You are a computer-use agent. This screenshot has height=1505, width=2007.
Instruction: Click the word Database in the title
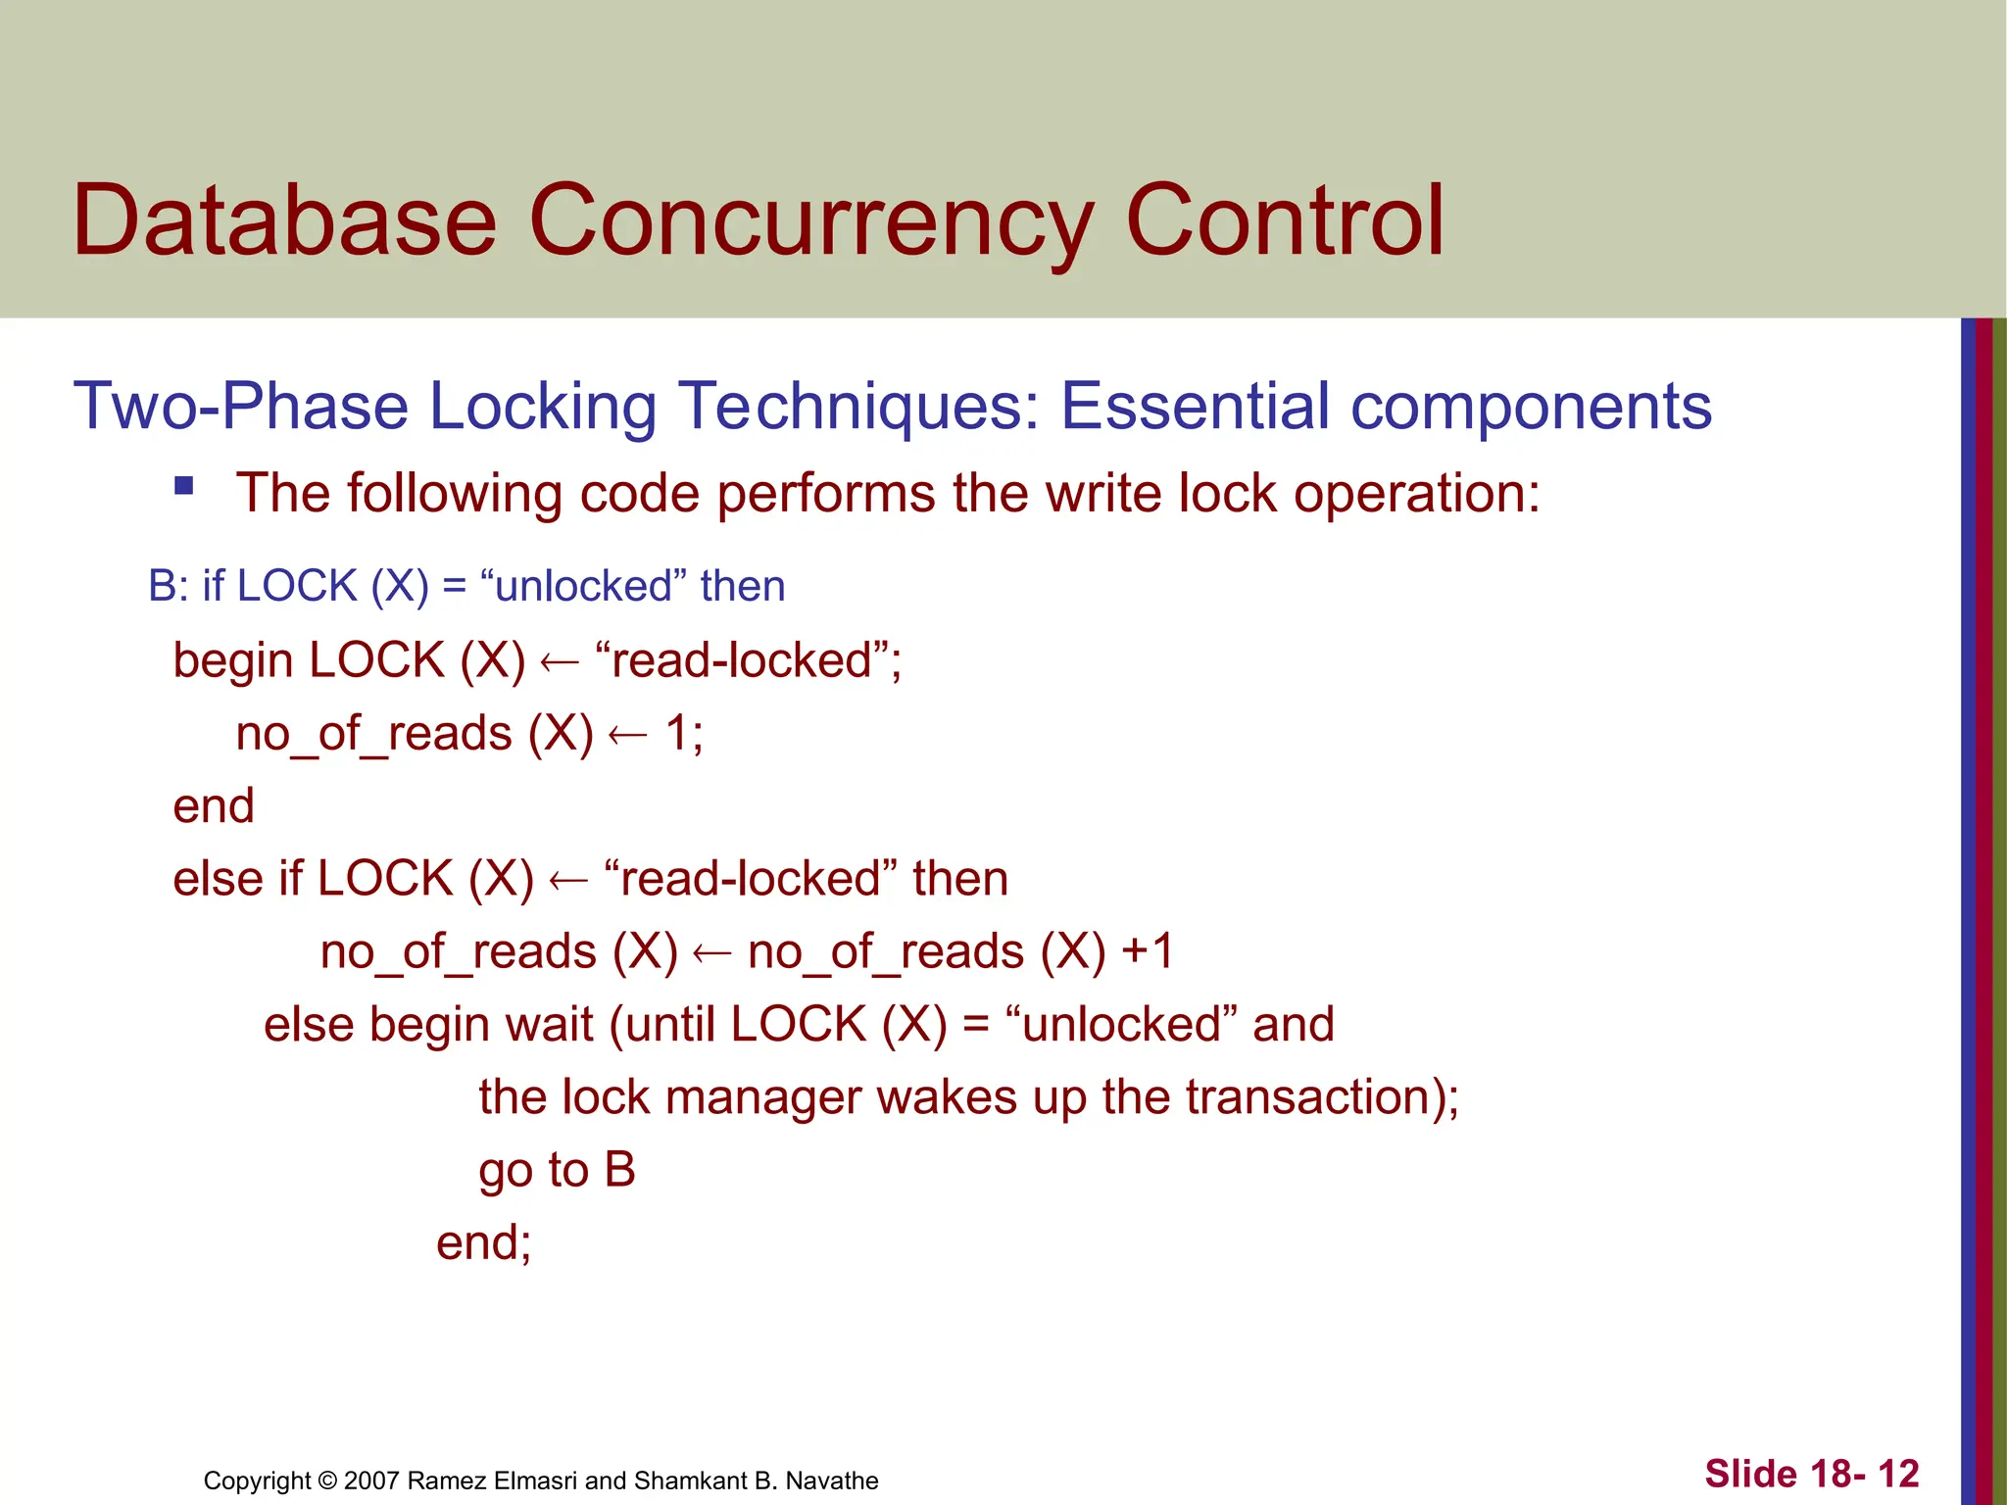284,221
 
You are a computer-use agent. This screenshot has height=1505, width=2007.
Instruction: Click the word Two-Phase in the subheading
240,407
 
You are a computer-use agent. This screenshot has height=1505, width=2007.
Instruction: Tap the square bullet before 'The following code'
183,486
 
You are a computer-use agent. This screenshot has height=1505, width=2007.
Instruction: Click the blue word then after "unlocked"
742,586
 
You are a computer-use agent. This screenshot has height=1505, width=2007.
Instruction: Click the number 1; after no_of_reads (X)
684,733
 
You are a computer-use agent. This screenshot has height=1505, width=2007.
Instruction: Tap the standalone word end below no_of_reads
213,806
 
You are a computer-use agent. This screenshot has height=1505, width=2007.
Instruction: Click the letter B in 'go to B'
619,1170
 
